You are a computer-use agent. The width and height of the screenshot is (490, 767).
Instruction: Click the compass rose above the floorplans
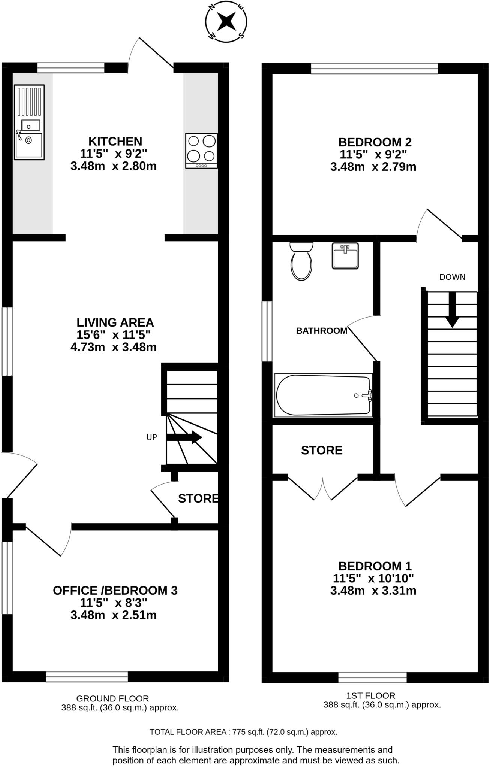[x=226, y=21]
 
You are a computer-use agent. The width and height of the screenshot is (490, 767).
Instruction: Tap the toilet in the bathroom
[x=301, y=261]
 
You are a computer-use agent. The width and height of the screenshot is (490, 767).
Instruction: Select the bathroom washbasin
[x=345, y=256]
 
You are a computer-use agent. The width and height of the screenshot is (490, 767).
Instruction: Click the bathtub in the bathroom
[x=323, y=395]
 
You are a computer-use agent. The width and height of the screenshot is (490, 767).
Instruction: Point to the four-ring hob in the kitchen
[x=201, y=151]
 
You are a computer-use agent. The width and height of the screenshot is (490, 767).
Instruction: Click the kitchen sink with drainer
[x=29, y=122]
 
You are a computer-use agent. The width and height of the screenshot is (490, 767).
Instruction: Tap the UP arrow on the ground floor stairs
[x=184, y=437]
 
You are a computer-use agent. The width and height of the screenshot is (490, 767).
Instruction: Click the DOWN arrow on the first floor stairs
[x=452, y=309]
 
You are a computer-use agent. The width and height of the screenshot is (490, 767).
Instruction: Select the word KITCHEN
[x=115, y=142]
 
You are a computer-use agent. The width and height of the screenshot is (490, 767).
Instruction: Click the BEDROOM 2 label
[x=375, y=142]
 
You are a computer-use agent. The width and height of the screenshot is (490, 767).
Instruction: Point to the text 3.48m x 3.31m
[x=373, y=591]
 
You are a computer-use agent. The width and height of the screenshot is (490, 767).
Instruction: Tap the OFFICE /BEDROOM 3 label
[x=115, y=591]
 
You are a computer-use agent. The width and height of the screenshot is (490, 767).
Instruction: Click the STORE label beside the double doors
[x=322, y=450]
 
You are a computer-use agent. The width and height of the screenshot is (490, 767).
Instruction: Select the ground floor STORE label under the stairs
[x=198, y=498]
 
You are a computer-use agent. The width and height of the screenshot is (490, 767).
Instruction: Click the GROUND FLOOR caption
[x=112, y=698]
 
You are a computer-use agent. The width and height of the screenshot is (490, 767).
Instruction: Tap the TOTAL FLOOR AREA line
[x=243, y=732]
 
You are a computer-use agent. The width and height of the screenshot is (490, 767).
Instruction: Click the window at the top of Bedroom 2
[x=374, y=69]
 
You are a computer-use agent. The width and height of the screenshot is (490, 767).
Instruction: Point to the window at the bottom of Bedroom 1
[x=372, y=677]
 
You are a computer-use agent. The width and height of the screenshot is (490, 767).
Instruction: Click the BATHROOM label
[x=321, y=331]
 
